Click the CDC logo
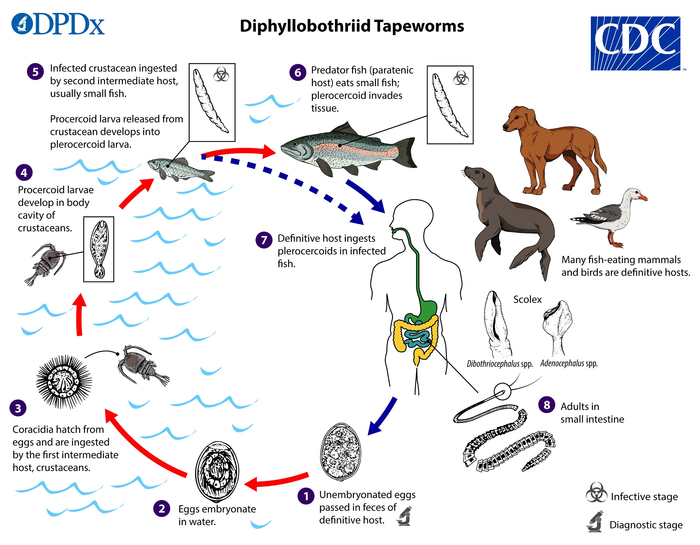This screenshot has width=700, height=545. [x=635, y=43]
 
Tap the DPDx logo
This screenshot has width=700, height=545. [x=58, y=25]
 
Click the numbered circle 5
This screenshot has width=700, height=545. [x=35, y=72]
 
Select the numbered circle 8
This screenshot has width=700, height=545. [x=547, y=405]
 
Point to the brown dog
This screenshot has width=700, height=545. [x=553, y=147]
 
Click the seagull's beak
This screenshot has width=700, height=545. [x=643, y=198]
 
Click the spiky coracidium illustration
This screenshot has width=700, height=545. [x=64, y=382]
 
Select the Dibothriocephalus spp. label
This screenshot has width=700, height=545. [x=499, y=364]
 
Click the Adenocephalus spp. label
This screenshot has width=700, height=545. [x=569, y=363]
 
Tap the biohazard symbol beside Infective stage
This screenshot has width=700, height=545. [x=596, y=492]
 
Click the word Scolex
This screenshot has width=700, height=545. [x=527, y=300]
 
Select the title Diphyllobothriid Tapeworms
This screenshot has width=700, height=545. [x=352, y=26]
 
